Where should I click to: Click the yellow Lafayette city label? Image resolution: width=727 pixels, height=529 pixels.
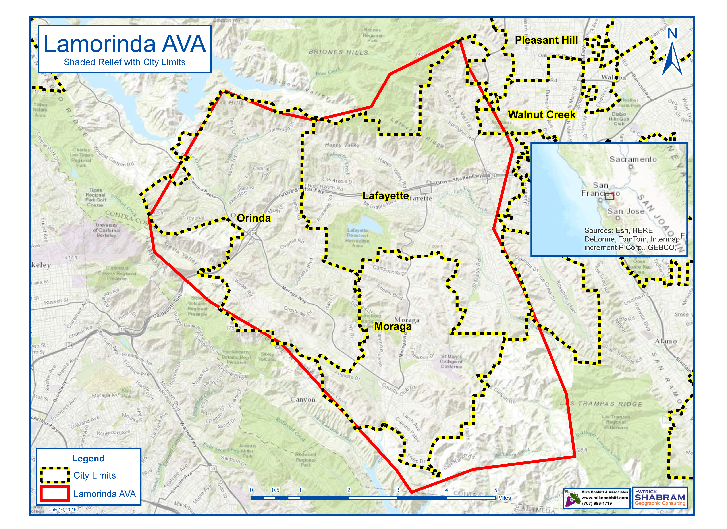tap(385, 196)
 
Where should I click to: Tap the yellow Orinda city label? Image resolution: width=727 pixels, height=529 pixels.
tap(254, 218)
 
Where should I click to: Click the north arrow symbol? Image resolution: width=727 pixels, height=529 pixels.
tap(672, 53)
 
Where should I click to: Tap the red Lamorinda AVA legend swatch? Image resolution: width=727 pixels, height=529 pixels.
tap(55, 493)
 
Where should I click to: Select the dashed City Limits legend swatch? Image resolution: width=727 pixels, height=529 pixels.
tap(55, 475)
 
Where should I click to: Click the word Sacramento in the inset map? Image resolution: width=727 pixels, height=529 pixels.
tap(633, 159)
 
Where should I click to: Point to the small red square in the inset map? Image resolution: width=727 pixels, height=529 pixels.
tap(609, 196)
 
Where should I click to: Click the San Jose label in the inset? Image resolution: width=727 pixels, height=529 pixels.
tap(626, 211)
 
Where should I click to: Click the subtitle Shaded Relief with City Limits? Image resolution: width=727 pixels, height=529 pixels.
tap(124, 62)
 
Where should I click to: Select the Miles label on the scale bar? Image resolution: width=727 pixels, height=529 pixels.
tap(504, 498)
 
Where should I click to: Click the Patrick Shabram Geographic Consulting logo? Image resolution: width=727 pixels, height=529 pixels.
tap(660, 497)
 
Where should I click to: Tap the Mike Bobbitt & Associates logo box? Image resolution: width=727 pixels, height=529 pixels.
tap(596, 498)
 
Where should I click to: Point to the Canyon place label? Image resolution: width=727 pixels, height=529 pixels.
tap(303, 400)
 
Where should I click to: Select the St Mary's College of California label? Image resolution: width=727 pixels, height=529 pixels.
tap(451, 361)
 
